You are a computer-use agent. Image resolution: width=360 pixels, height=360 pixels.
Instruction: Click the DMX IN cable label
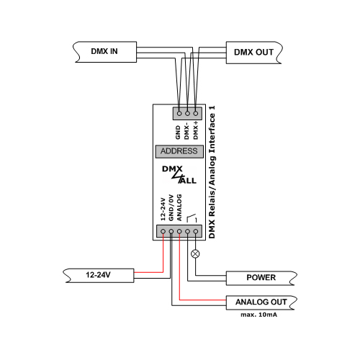[x=104, y=51]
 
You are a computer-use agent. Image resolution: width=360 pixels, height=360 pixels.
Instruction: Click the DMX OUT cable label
[x=253, y=52]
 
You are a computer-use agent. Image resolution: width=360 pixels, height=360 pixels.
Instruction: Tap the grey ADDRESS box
[x=179, y=151]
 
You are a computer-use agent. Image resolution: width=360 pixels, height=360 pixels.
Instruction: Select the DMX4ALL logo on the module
[x=179, y=175]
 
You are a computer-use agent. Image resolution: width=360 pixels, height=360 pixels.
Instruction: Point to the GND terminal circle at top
[x=179, y=113]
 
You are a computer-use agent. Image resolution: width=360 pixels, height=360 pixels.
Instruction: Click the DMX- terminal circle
[x=187, y=113]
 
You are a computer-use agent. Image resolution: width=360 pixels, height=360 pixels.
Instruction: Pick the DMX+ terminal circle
[x=196, y=113]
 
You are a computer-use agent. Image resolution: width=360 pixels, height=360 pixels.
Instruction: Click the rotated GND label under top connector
[x=178, y=132]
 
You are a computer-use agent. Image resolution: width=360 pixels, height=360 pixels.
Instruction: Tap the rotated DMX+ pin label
[x=196, y=130]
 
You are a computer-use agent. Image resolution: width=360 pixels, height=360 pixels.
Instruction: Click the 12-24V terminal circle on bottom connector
[x=163, y=231]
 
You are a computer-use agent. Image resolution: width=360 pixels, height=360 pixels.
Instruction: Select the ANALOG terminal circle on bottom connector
[x=179, y=231]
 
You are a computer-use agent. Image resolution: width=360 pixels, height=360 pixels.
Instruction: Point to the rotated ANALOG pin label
[x=179, y=207]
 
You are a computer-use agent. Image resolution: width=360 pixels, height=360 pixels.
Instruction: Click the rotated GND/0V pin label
[x=171, y=207]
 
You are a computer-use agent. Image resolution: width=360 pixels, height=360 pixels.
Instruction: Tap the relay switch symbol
[x=192, y=218]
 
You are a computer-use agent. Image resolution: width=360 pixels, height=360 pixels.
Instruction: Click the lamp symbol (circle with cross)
[x=196, y=253]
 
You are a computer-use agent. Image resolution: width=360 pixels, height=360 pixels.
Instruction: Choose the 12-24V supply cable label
[x=98, y=274]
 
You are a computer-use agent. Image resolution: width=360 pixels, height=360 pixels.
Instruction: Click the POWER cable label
[x=261, y=277]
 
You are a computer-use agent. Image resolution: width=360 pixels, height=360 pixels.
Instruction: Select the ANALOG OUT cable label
[x=261, y=302]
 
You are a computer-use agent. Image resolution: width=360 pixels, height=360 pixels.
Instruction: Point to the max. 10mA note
[x=259, y=315]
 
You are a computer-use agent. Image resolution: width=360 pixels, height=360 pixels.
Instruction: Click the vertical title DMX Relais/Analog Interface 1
[x=212, y=172]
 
